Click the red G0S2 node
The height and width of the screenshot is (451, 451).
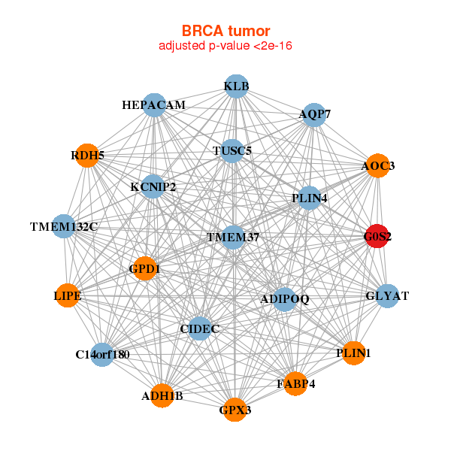pyautogui.click(x=377, y=236)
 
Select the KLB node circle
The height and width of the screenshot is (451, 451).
pyautogui.click(x=237, y=86)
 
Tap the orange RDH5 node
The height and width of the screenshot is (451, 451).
pyautogui.click(x=87, y=156)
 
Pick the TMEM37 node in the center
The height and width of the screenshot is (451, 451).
pyautogui.click(x=233, y=238)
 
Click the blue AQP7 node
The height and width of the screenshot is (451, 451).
pyautogui.click(x=314, y=115)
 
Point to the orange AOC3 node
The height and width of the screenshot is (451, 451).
pyautogui.click(x=378, y=165)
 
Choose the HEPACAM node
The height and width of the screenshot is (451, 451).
pyautogui.click(x=154, y=105)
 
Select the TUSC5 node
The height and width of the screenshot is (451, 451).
pyautogui.click(x=232, y=151)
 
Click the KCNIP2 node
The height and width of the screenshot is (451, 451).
pyautogui.click(x=153, y=186)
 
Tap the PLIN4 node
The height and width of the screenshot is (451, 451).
pyautogui.click(x=309, y=198)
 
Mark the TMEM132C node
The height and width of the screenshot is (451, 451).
pyautogui.click(x=64, y=226)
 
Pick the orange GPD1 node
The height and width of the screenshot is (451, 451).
pyautogui.click(x=145, y=268)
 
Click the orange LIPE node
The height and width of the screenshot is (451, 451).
pyautogui.click(x=68, y=295)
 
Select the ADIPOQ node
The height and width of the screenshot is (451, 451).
pyautogui.click(x=284, y=299)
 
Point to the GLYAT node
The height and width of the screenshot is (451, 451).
pyautogui.click(x=387, y=296)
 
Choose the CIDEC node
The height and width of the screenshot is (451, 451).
pyautogui.click(x=200, y=328)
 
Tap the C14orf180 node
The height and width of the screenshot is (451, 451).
pyautogui.click(x=102, y=355)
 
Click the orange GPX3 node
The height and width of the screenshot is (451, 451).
pyautogui.click(x=235, y=410)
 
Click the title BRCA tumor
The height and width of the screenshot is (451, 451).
pyautogui.click(x=225, y=31)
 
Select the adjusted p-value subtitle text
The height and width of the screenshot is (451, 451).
pyautogui.click(x=225, y=46)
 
